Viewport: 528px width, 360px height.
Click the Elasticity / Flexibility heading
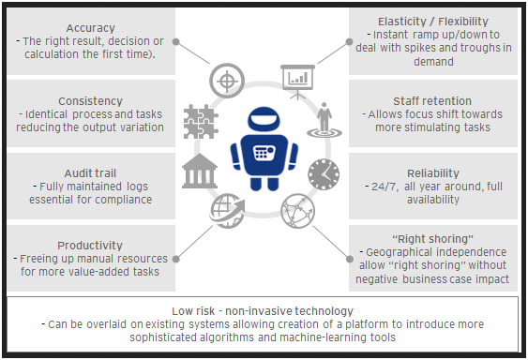[x=431, y=20]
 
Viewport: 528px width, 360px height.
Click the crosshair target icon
[x=226, y=76]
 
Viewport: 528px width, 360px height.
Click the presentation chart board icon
[x=299, y=81]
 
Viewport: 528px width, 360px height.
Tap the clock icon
[x=324, y=172]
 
